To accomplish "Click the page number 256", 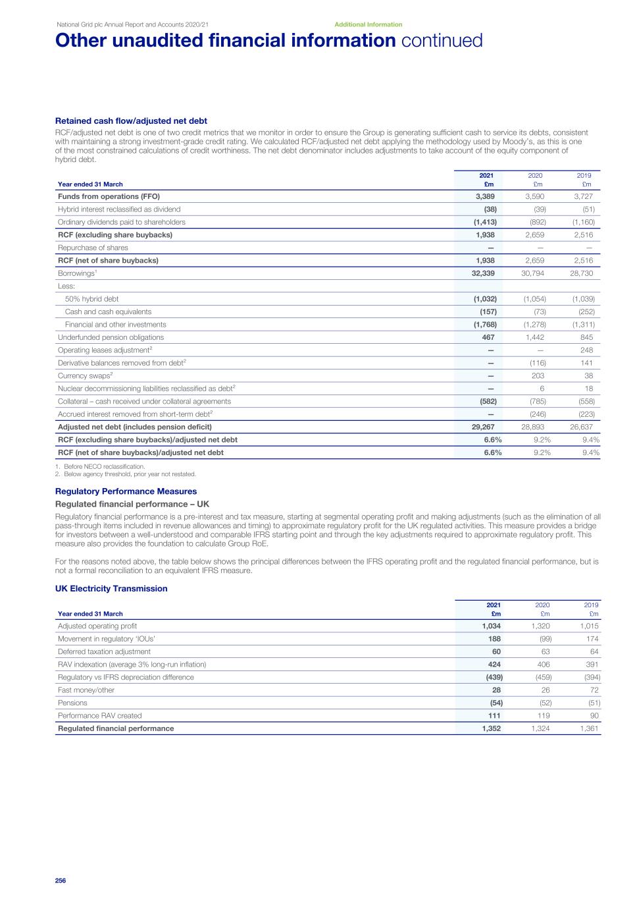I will click(61, 881).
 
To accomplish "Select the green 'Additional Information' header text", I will click(368, 24).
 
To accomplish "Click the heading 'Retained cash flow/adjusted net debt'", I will click(131, 121).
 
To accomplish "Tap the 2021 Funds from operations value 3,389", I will click(485, 196).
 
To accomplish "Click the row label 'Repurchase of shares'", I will click(93, 248).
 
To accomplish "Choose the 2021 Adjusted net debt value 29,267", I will click(483, 427).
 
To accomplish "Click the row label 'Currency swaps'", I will click(82, 376).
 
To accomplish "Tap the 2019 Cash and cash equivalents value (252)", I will click(586, 312).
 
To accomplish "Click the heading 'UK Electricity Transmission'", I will click(111, 589).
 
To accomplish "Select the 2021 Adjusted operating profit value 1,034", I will click(491, 626).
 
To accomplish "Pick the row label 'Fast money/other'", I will click(86, 690).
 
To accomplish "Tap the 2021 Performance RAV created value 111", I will click(493, 716).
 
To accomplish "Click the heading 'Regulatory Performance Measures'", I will click(126, 491).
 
